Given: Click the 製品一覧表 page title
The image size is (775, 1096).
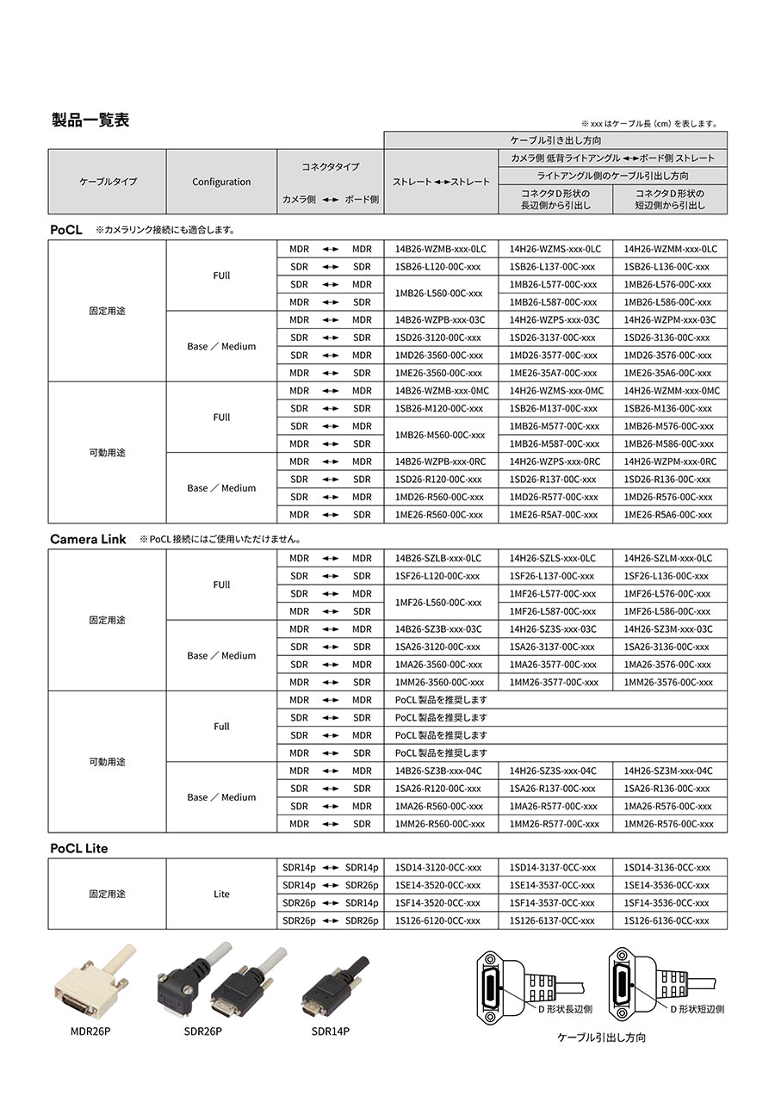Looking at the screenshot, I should pyautogui.click(x=90, y=121).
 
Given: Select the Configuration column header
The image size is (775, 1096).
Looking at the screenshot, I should pyautogui.click(x=221, y=182).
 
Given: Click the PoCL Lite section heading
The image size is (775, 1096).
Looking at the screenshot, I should pyautogui.click(x=78, y=848).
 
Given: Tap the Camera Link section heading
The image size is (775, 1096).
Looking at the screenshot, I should pyautogui.click(x=88, y=539).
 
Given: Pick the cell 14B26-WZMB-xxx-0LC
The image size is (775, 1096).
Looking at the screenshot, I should pyautogui.click(x=434, y=249).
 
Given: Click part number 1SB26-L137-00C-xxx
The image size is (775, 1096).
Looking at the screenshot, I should pyautogui.click(x=552, y=267).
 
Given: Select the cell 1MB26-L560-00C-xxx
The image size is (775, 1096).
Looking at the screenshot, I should pyautogui.click(x=438, y=293).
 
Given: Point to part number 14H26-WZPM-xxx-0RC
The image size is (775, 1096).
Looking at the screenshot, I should pyautogui.click(x=670, y=461).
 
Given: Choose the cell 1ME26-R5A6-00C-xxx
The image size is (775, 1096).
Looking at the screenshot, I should pyautogui.click(x=668, y=515).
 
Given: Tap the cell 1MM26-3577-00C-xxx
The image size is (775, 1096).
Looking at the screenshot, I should pyautogui.click(x=554, y=682).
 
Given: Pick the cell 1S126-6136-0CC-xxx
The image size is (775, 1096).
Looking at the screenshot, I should pyautogui.click(x=666, y=920).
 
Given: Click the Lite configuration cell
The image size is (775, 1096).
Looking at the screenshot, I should pyautogui.click(x=221, y=894).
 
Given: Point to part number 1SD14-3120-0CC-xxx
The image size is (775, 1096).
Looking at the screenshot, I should pyautogui.click(x=438, y=867).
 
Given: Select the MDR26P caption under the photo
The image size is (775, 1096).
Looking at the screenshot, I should pyautogui.click(x=90, y=1031).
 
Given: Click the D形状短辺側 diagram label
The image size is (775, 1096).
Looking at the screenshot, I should pyautogui.click(x=697, y=1008).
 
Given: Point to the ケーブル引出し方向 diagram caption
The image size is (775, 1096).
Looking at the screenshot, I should pyautogui.click(x=602, y=1037).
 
